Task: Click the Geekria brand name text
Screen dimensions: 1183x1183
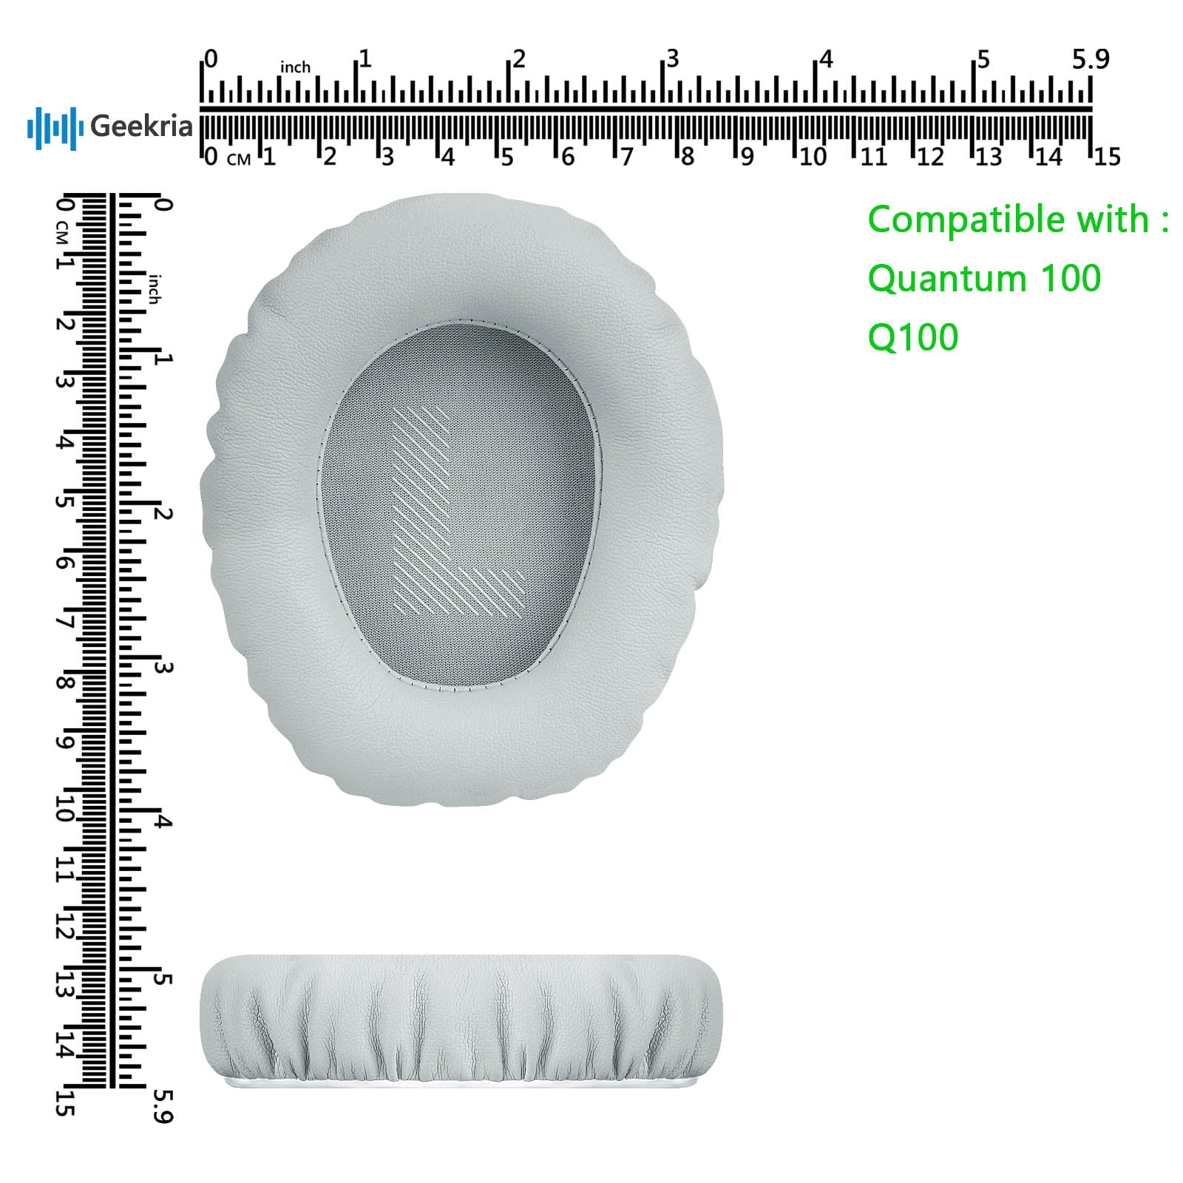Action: click(141, 126)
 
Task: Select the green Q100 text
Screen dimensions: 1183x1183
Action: click(912, 338)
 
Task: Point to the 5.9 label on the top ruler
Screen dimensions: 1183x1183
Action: click(1091, 59)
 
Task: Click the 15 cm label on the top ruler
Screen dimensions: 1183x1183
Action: click(1108, 157)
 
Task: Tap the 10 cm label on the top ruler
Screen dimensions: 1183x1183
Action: click(813, 157)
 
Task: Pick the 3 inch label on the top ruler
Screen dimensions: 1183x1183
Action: click(672, 58)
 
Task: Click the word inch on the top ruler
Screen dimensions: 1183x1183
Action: click(295, 67)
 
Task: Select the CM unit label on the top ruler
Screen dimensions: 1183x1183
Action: click(239, 159)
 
